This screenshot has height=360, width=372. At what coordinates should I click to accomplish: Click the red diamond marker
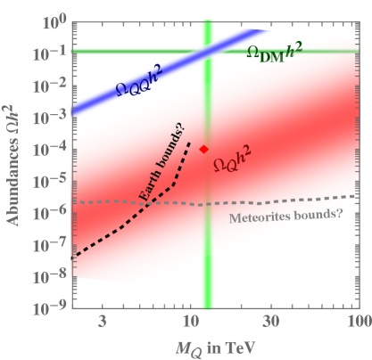click(203, 150)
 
